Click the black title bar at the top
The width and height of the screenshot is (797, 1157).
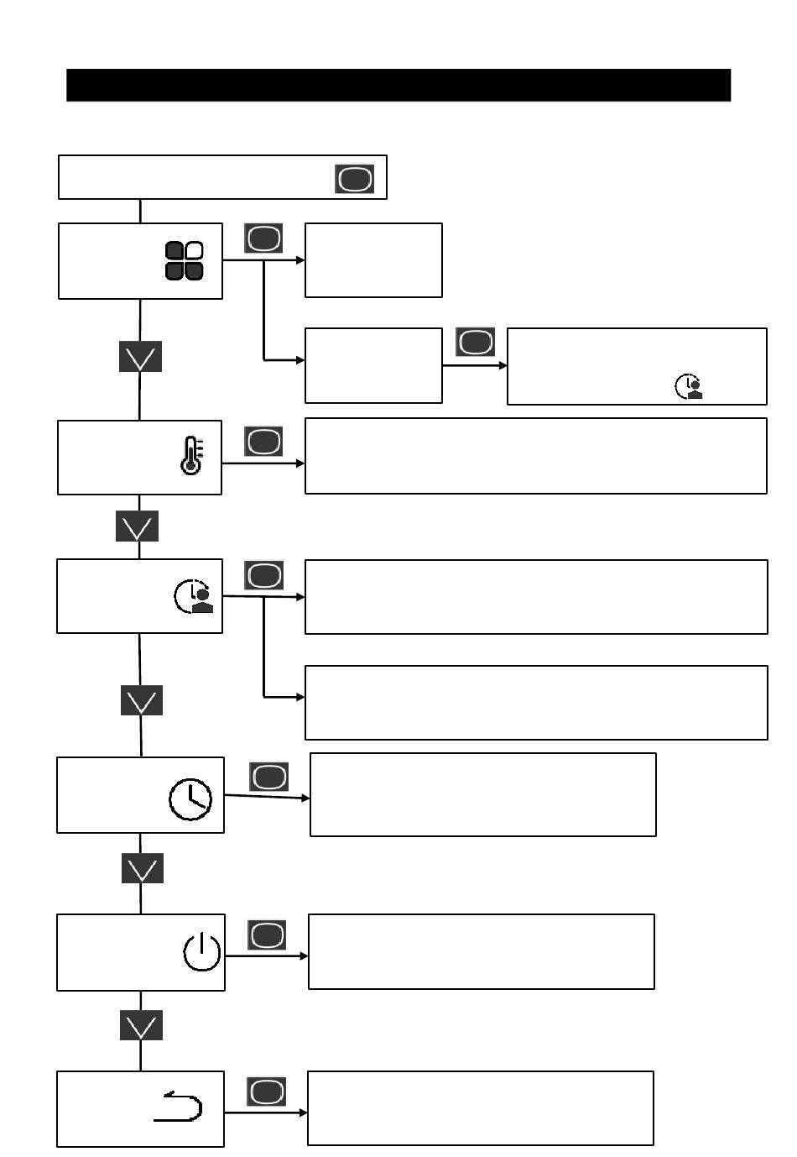tap(398, 85)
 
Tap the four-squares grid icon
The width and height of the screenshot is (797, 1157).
tap(185, 260)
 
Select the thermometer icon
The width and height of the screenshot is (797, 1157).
tap(191, 456)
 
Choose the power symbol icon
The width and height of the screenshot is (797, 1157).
tap(202, 952)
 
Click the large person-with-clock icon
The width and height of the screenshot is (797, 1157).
tap(194, 595)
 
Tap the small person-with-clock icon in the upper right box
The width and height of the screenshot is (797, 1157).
tap(689, 386)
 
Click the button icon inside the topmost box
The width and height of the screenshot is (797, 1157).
tap(355, 179)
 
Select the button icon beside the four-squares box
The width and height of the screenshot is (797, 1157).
tap(263, 238)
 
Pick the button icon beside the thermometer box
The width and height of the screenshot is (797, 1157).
tap(263, 442)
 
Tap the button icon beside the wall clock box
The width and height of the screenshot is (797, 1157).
tap(268, 777)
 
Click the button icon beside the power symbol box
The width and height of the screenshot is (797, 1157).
tap(267, 935)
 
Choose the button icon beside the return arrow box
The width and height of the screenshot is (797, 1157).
tap(267, 1092)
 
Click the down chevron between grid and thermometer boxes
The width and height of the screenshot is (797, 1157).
tap(140, 357)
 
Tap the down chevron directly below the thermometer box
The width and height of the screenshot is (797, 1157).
tap(137, 527)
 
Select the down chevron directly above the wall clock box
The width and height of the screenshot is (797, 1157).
tap(141, 700)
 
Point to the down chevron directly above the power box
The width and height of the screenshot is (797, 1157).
tap(142, 869)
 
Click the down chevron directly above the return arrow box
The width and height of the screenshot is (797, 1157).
tap(141, 1025)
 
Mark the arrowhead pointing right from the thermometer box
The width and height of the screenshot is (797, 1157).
tap(300, 463)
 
